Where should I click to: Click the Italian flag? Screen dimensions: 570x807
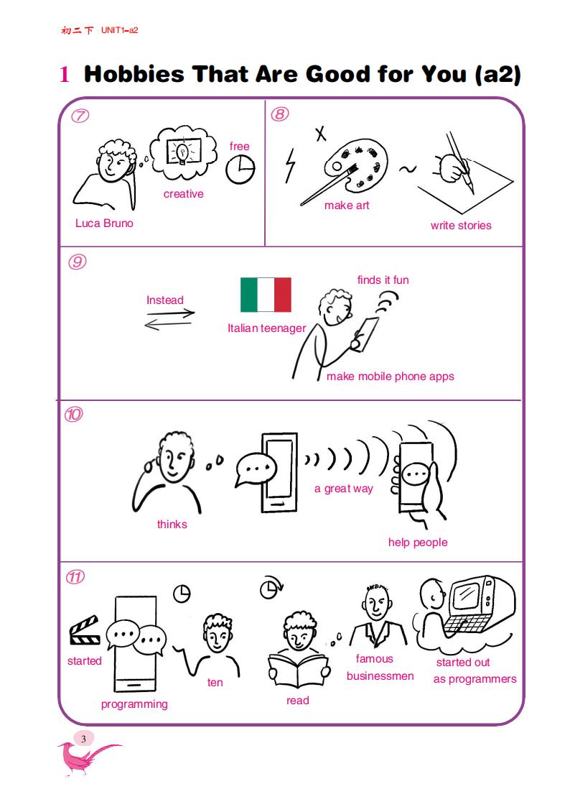(x=266, y=295)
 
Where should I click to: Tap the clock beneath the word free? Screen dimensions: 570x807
(x=240, y=169)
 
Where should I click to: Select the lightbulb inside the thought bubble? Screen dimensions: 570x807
(x=182, y=152)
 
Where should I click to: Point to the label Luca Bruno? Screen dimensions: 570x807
(x=104, y=223)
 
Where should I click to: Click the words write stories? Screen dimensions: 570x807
(x=461, y=226)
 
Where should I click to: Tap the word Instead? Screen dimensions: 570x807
(x=165, y=300)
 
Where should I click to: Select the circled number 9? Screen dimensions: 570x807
(x=77, y=262)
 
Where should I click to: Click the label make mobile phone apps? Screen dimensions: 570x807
(x=390, y=377)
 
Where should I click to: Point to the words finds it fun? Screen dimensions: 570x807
(x=383, y=280)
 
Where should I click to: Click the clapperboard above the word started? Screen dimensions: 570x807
(x=85, y=630)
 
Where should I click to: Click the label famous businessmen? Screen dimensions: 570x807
(x=380, y=668)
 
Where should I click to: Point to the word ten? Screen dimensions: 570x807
(x=215, y=683)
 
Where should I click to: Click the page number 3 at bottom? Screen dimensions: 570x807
(x=83, y=739)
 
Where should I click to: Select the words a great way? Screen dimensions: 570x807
(x=343, y=489)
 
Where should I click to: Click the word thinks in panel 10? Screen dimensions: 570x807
(x=172, y=525)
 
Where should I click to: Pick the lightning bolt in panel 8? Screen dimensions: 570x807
(x=291, y=166)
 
